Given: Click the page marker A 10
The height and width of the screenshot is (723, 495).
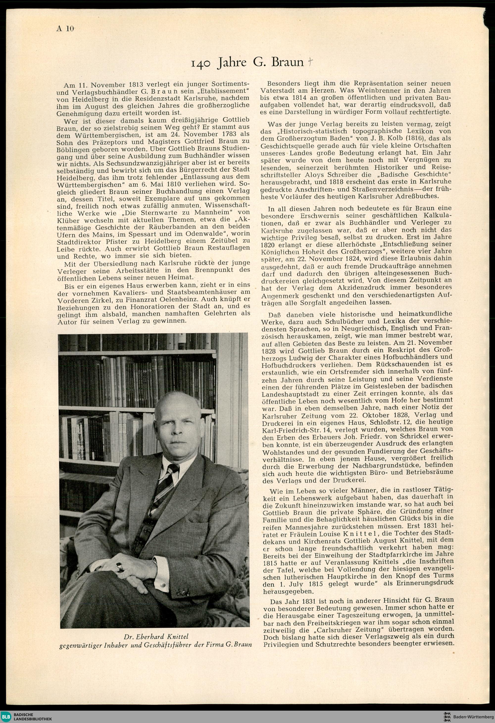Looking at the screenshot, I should tap(65, 29).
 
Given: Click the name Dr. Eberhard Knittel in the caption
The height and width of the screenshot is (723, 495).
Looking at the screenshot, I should tap(156, 636).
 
